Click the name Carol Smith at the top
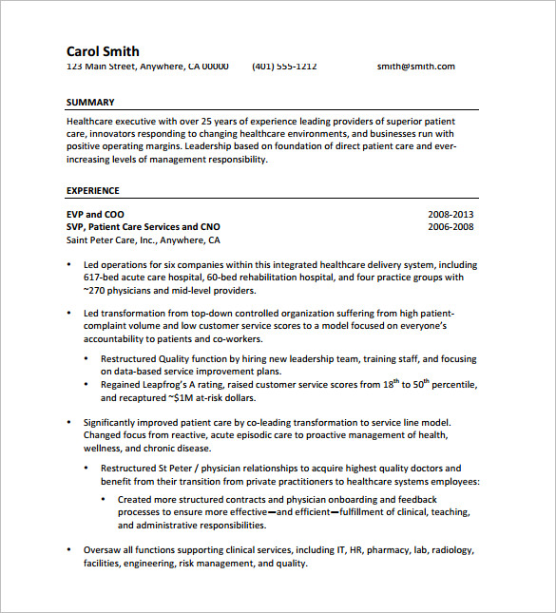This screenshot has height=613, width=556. point(103,51)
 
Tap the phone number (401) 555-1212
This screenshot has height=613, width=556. point(284,67)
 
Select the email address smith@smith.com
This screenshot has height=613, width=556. point(415,67)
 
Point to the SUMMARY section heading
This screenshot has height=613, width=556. point(90,102)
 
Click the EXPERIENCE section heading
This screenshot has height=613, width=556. point(93,190)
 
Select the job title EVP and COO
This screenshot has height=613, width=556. point(95,215)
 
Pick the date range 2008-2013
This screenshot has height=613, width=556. point(451,215)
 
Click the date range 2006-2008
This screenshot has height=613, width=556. point(451,227)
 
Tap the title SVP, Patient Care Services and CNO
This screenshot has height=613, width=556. point(143,227)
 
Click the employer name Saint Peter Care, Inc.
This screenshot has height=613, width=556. point(105,239)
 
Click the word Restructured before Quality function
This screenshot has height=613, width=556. point(128,359)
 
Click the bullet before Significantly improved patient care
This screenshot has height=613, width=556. point(70,422)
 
